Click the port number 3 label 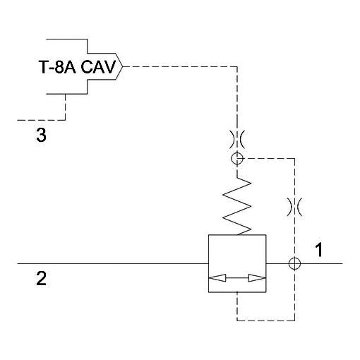pos(41,135)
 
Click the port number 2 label pos(41,279)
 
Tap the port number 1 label pos(319,250)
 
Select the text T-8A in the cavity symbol pos(57,67)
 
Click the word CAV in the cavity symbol pos(98,67)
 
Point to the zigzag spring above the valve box pos(237,205)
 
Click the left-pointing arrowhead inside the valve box pos(217,278)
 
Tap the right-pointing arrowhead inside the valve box pos(257,278)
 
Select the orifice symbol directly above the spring pos(237,139)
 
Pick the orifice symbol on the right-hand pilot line pos(294,207)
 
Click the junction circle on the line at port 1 pos(294,263)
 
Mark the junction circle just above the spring pos(237,158)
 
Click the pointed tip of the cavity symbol pos(123,66)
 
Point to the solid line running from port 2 pos(113,263)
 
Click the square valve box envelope pos(209,263)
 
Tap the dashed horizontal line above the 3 pos(41,120)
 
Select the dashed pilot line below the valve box pos(266,320)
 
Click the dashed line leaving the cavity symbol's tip pos(180,66)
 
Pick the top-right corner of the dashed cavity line pos(237,66)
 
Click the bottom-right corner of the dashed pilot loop pos(294,320)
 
